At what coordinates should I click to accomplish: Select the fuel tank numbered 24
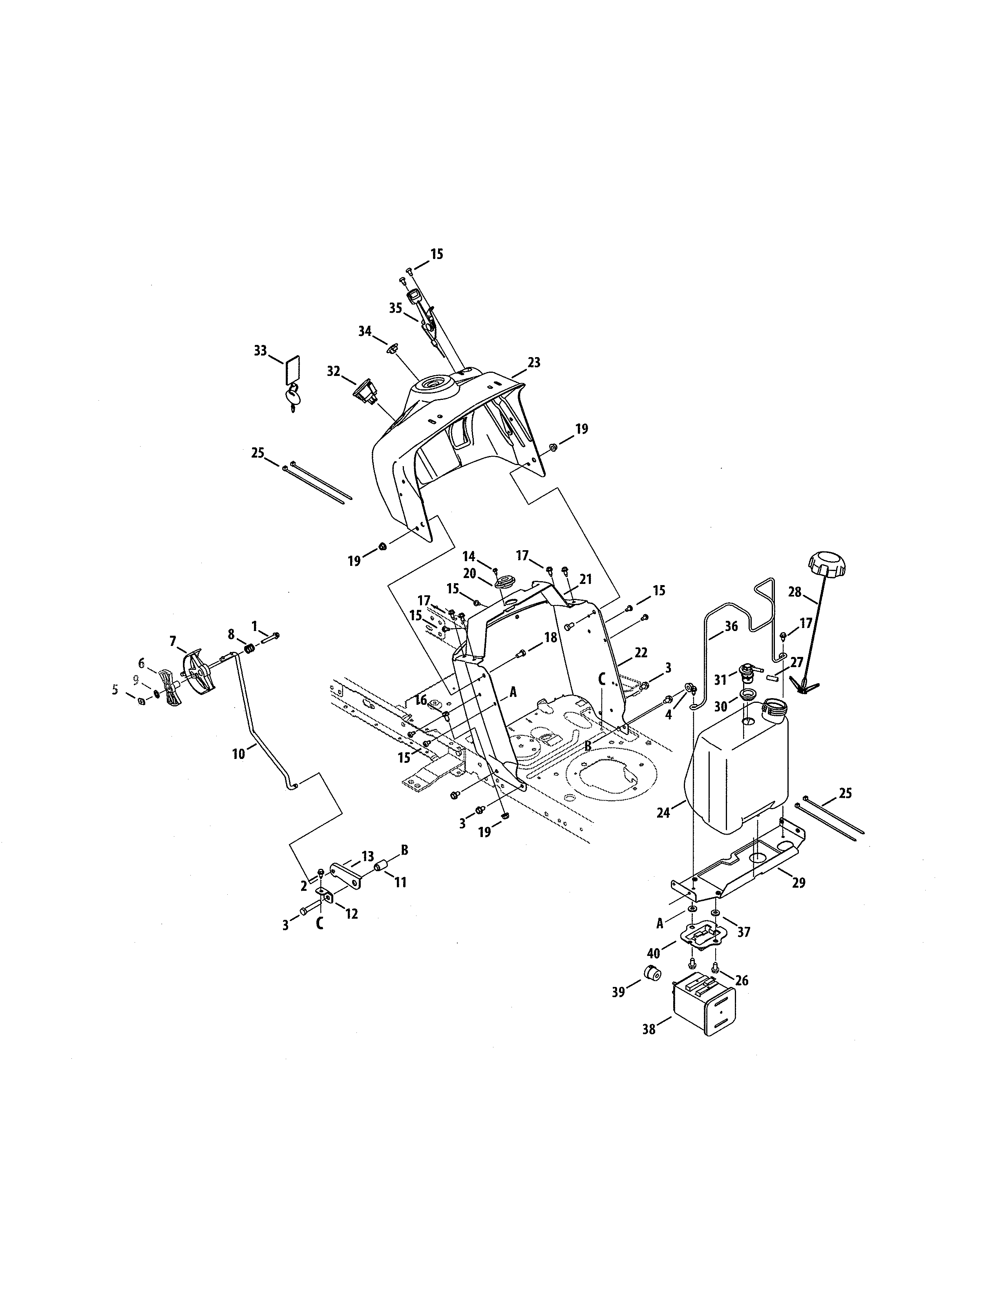[735, 777]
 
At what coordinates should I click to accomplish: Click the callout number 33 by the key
[260, 351]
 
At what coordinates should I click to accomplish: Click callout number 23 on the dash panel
[534, 362]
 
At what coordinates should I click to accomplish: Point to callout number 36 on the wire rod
[731, 626]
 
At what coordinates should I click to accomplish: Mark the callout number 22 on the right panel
[641, 652]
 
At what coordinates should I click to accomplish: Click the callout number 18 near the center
[551, 637]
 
